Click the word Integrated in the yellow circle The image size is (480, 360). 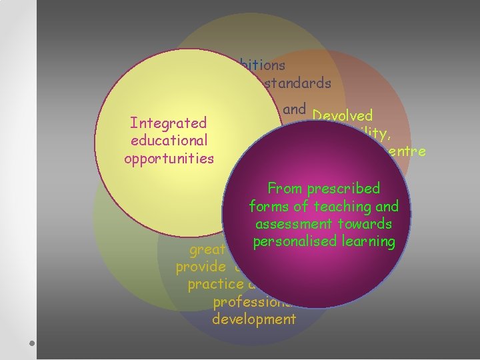point(169,123)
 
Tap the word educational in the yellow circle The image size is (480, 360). point(169,141)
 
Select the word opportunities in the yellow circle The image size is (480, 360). point(169,159)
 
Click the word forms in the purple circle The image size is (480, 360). point(267,207)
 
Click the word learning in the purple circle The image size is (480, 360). point(371,241)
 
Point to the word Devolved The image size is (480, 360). point(341,116)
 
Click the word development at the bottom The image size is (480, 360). point(253,319)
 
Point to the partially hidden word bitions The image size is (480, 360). point(261,65)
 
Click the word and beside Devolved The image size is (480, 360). point(294,109)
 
